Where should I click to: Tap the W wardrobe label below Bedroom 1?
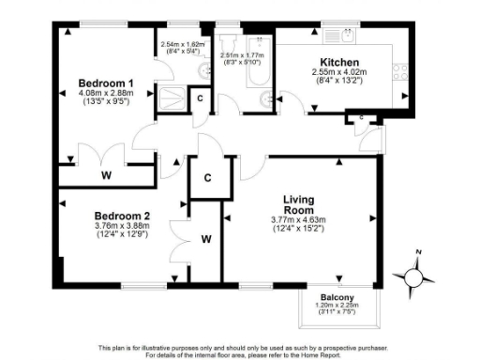[x=105, y=174]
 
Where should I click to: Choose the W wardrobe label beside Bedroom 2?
[x=205, y=240]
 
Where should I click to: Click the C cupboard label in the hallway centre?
[x=207, y=177]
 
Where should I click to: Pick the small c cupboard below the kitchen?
[x=361, y=117]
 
